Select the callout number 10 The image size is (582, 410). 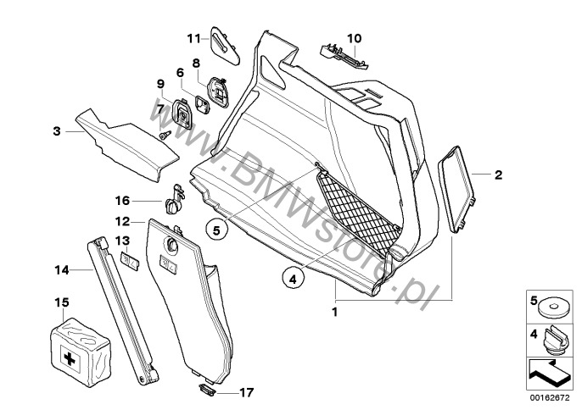pyautogui.click(x=354, y=37)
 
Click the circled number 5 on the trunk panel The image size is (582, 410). pyautogui.click(x=216, y=228)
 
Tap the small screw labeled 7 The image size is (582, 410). pyautogui.click(x=165, y=134)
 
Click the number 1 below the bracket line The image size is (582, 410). pyautogui.click(x=334, y=311)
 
